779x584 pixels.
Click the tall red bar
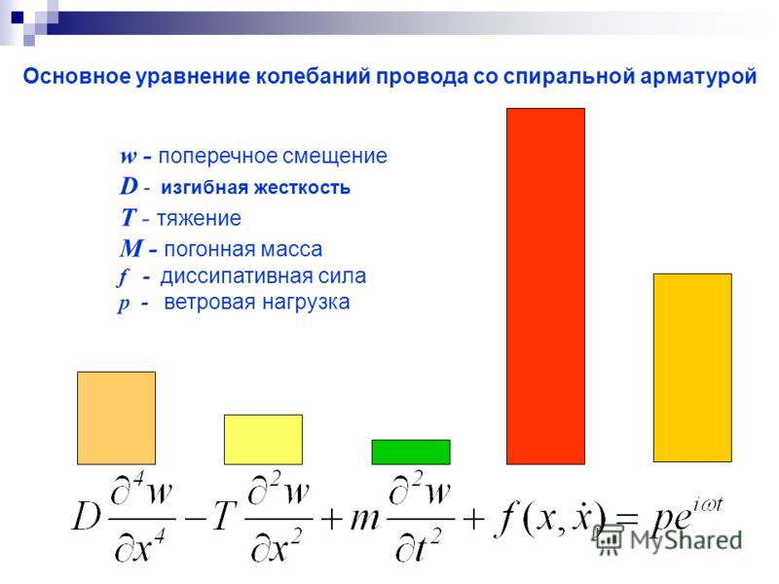tap(545, 286)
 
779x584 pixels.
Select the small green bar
tap(411, 452)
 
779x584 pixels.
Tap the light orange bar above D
tap(116, 419)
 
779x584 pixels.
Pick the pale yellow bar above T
tap(263, 440)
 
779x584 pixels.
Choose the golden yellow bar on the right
tap(692, 368)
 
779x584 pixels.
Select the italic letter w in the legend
tap(129, 157)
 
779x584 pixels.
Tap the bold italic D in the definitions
tap(129, 186)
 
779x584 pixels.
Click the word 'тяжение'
tap(200, 218)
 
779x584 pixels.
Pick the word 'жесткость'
tap(303, 188)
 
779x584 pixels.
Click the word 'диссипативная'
tap(237, 276)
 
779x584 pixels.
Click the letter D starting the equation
tap(87, 517)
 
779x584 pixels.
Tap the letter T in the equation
tap(223, 517)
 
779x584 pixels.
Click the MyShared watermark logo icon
tap(607, 539)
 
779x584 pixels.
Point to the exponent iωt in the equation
tap(708, 505)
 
